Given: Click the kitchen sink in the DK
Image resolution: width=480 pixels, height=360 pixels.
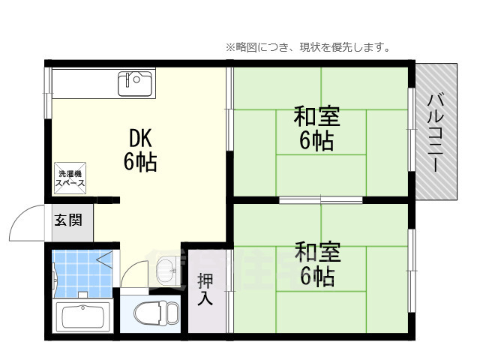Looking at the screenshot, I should (x=135, y=84).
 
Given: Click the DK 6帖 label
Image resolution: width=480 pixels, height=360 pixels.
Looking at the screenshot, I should (x=140, y=150).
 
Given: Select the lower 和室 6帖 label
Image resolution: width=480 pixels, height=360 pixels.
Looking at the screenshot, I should (x=316, y=264).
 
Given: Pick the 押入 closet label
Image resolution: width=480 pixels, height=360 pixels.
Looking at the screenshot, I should (x=205, y=289).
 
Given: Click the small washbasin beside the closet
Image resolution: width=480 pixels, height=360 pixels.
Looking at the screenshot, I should (x=167, y=268).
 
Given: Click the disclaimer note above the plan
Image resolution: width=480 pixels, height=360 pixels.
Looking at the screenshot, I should (x=307, y=47).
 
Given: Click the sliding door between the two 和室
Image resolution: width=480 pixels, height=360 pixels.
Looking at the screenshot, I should (x=321, y=199).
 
